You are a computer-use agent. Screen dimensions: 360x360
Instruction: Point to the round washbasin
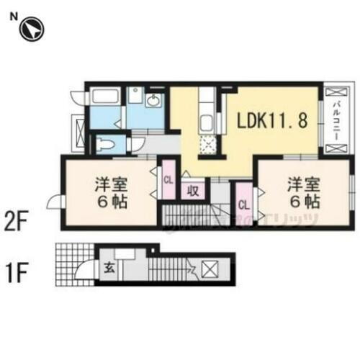coord(153,101)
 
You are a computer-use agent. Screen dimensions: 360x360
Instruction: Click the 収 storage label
coord(194,190)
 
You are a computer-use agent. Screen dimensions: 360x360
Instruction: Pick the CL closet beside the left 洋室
coord(168,179)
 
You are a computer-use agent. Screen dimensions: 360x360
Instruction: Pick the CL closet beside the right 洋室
coord(243,204)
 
